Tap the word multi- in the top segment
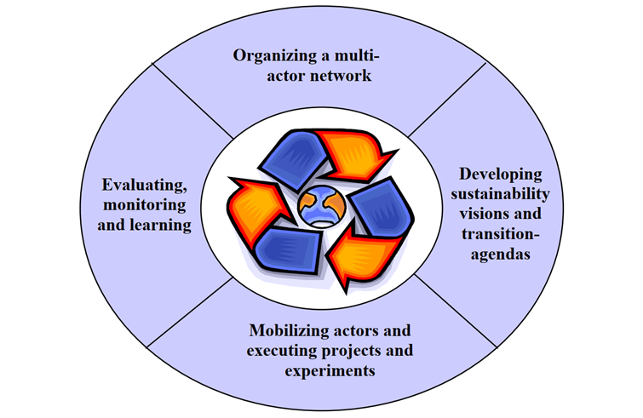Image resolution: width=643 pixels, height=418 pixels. (x=358, y=57)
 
